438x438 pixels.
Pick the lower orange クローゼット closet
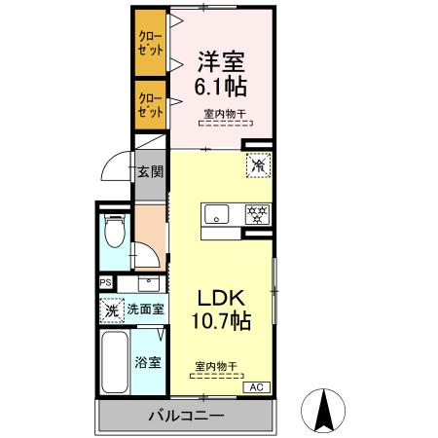150,105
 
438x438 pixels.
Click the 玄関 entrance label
149,172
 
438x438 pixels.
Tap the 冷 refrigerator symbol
258,165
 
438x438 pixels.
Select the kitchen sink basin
216,214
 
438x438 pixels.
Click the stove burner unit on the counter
256,214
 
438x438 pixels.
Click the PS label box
105,284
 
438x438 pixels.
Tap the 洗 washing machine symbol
112,310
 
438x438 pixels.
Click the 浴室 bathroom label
148,362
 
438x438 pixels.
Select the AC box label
256,387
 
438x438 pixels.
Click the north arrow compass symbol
327,408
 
